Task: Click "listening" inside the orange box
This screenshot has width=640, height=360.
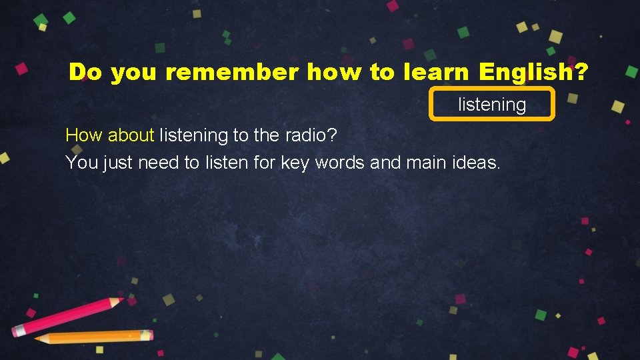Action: (x=492, y=105)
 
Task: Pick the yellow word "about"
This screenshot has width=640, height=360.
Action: (x=131, y=135)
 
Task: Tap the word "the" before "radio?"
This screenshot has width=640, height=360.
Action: (x=267, y=135)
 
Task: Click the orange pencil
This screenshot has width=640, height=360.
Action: (x=93, y=337)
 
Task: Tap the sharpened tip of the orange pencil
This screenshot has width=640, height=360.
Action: (x=39, y=339)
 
